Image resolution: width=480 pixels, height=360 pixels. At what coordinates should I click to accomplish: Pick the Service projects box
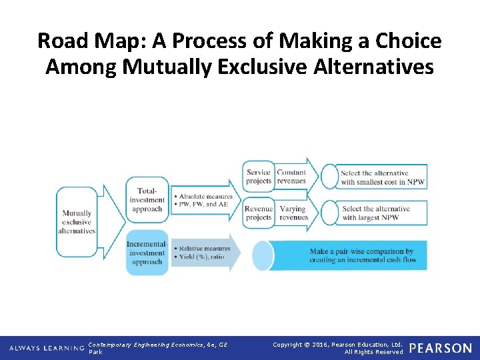point(259,177)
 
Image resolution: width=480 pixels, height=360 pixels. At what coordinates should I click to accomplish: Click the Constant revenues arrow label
point(291,177)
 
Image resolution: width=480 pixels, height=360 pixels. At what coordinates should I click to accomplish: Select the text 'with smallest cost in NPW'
point(382,182)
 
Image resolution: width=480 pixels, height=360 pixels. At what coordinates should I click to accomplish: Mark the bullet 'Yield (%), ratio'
point(202,257)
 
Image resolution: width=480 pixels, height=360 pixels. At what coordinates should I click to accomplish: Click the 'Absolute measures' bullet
point(205,197)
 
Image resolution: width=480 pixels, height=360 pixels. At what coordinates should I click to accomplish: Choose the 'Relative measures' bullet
point(203,249)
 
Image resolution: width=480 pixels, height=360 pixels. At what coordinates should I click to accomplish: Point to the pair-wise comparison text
point(362,256)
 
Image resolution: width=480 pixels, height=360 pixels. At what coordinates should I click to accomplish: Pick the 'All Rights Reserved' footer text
point(373,352)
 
